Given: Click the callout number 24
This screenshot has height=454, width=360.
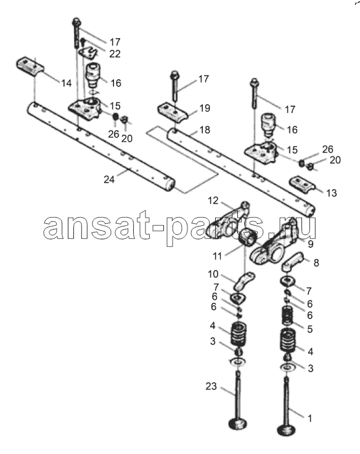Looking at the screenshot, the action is pyautogui.click(x=109, y=180).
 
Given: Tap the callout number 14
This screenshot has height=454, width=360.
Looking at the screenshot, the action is pyautogui.click(x=67, y=83).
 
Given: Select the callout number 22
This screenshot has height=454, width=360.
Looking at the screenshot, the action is pyautogui.click(x=115, y=54).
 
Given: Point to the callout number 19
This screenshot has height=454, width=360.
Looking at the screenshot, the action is pyautogui.click(x=205, y=108).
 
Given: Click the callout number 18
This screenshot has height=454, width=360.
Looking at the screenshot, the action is pyautogui.click(x=205, y=130).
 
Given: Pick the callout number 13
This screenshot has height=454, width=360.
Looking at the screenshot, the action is pyautogui.click(x=332, y=193).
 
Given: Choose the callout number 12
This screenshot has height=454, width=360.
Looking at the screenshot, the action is pyautogui.click(x=213, y=200).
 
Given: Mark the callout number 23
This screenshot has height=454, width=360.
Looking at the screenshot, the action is pyautogui.click(x=211, y=386).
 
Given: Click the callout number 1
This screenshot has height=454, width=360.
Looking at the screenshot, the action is pyautogui.click(x=309, y=418).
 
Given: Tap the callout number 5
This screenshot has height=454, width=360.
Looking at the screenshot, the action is pyautogui.click(x=310, y=329).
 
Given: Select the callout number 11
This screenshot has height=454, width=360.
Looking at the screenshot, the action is pyautogui.click(x=217, y=256).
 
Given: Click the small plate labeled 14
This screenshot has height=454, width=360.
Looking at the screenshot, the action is pyautogui.click(x=30, y=67).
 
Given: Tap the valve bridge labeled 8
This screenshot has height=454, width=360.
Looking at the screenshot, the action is pyautogui.click(x=292, y=262).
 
